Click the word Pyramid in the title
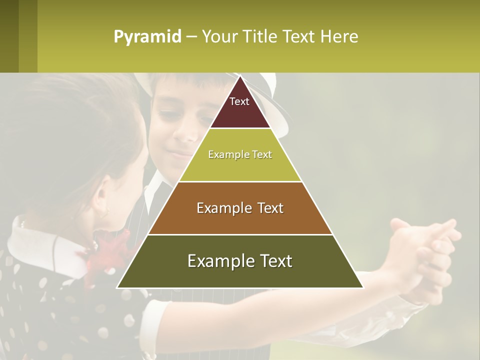coord(147,37)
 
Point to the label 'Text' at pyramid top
coord(239,101)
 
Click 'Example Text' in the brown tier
coord(240,208)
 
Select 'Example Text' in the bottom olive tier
coord(240,261)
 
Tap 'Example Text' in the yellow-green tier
coord(240,154)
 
